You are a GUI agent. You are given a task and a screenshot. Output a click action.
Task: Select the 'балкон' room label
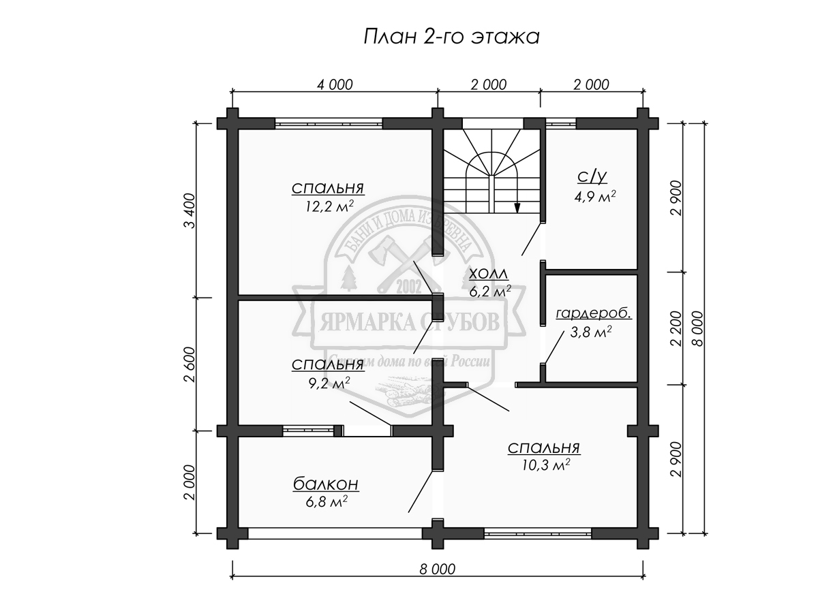coord(326,485)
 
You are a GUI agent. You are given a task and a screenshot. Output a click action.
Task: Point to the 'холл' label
coord(489,274)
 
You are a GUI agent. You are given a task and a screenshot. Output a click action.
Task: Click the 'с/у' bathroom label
coord(592,178)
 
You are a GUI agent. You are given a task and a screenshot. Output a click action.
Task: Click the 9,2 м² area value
coord(329,383)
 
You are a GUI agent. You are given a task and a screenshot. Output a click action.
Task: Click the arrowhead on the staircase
coord(518,208)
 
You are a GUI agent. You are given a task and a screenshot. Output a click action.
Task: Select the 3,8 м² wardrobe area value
coord(590,332)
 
